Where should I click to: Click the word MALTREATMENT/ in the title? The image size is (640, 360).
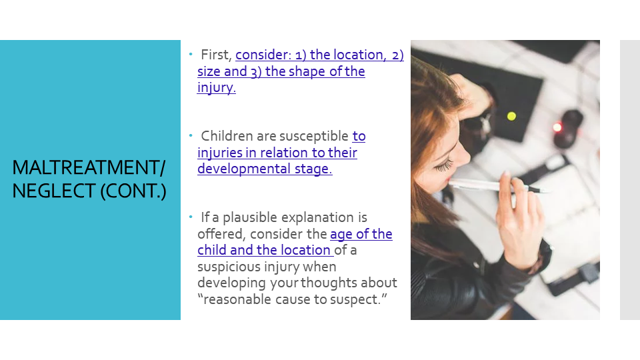(x=89, y=167)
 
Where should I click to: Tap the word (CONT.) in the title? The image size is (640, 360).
(x=133, y=191)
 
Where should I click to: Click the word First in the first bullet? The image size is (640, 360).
(x=216, y=55)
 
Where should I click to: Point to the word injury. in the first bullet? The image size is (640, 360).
(x=216, y=87)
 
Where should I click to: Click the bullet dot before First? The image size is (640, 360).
(x=191, y=54)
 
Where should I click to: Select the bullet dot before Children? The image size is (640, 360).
(x=191, y=135)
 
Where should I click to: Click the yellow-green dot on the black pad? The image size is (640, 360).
(x=511, y=116)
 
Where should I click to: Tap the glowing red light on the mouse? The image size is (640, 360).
(x=557, y=127)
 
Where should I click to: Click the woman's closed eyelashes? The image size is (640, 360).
(x=444, y=165)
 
